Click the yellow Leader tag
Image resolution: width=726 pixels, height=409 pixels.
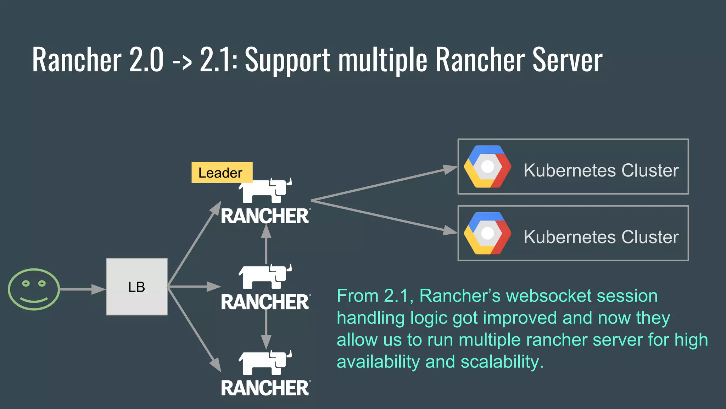pos(222,173)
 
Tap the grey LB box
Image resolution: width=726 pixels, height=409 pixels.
pos(136,287)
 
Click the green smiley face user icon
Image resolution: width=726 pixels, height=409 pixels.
pos(34,289)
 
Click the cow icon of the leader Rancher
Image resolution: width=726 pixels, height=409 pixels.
pos(265,190)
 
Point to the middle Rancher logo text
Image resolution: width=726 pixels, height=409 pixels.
pos(265,302)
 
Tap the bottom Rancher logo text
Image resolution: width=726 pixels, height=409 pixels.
pos(265,388)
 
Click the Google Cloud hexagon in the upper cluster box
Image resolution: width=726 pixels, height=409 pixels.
pos(487,167)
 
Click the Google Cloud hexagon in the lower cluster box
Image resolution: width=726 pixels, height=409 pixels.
pos(487,233)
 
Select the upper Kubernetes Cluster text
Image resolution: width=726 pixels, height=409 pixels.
pos(601,170)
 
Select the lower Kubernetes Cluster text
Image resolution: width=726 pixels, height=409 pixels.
pos(601,237)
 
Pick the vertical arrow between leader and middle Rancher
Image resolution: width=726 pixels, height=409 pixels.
pos(266,245)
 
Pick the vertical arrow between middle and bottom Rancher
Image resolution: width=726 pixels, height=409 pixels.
pos(266,330)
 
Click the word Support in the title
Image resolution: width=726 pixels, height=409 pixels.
pos(287,60)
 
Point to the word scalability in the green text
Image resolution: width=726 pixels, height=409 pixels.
pos(502,362)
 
